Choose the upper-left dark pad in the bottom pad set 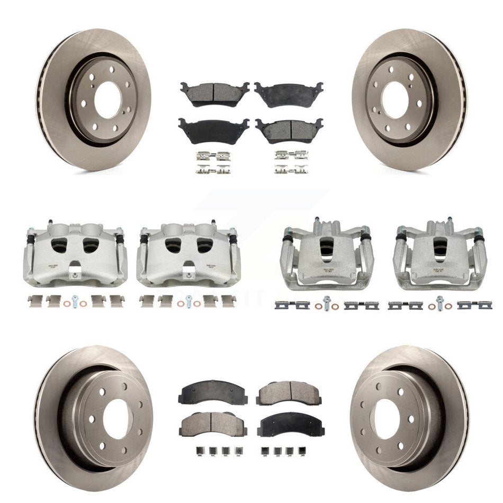213,392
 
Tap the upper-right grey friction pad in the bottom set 289,392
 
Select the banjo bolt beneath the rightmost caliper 439,303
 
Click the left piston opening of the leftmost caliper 60,245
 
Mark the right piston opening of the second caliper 204,245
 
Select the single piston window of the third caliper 327,248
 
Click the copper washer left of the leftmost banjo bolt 65,303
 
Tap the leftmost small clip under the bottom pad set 186,452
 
